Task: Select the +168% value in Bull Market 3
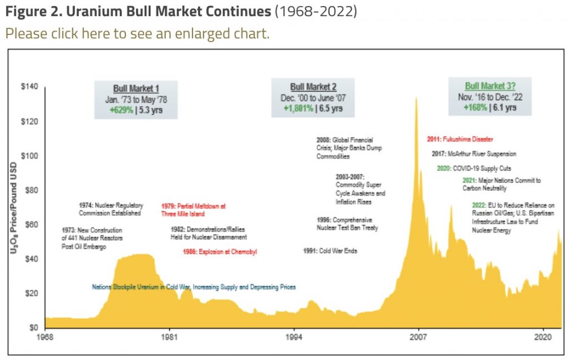474,108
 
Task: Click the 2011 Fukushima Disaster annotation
460,139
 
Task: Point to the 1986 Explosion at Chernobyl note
220,252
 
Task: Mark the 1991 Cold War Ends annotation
330,251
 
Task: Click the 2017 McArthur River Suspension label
474,154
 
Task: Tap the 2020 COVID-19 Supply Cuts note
473,168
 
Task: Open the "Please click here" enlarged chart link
137,33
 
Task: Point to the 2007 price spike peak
416,98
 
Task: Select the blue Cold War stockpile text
194,287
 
